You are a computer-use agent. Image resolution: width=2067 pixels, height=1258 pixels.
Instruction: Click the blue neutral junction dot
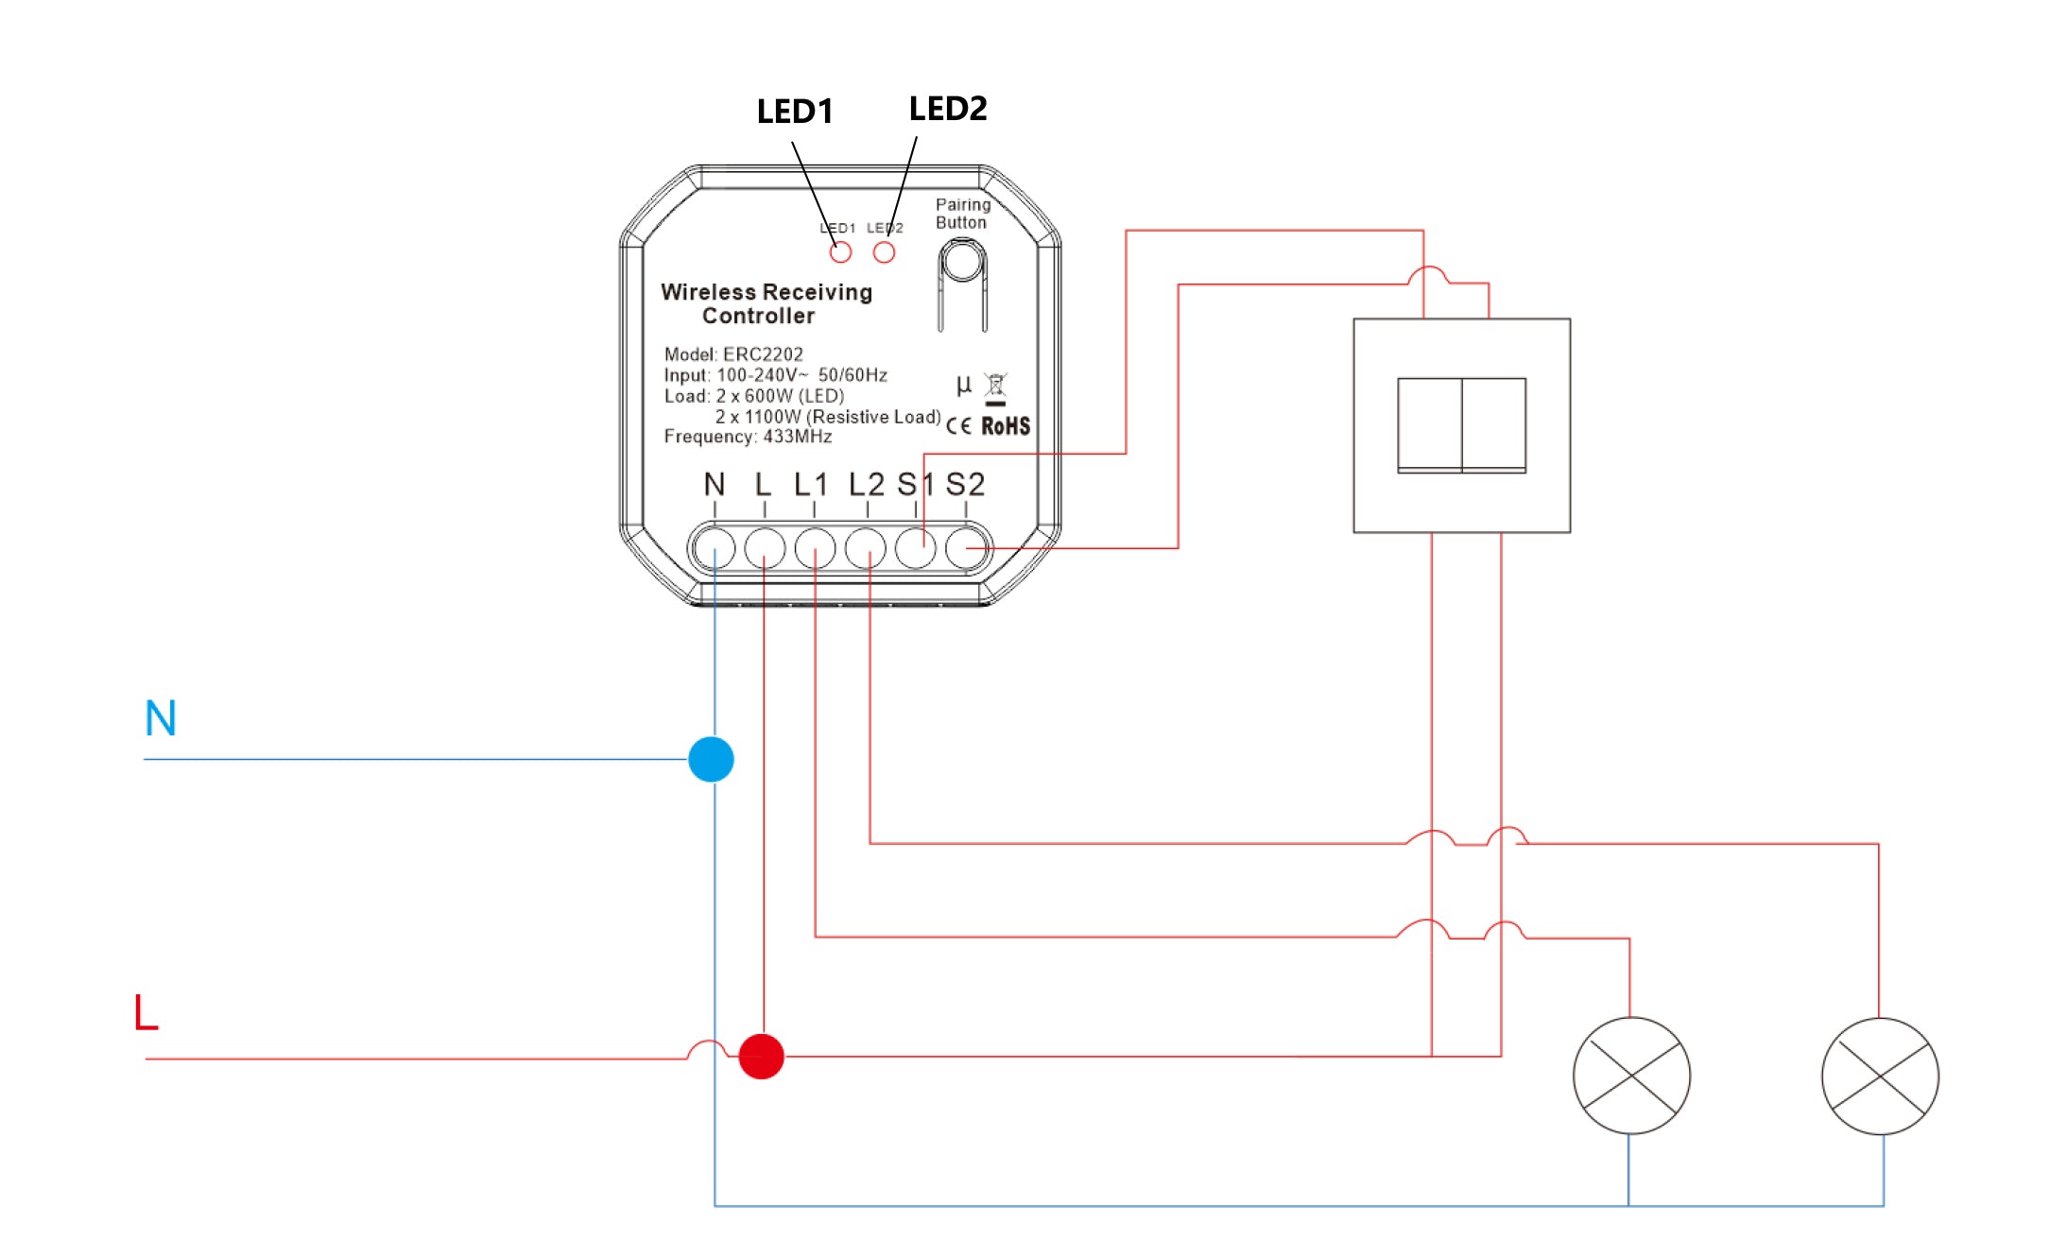[x=711, y=759]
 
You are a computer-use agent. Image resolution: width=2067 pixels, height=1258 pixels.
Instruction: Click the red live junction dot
[x=761, y=1056]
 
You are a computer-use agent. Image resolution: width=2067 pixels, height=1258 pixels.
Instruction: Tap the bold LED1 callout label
[x=795, y=112]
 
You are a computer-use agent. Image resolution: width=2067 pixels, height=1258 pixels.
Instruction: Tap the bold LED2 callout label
[x=947, y=109]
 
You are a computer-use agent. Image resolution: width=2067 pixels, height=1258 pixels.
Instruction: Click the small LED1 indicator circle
[x=840, y=252]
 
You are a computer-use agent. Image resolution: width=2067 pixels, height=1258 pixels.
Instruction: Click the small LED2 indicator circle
[x=884, y=252]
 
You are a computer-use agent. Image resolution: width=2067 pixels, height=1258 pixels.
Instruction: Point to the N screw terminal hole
[x=714, y=548]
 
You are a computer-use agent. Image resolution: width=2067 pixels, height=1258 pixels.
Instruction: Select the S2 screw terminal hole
[x=966, y=548]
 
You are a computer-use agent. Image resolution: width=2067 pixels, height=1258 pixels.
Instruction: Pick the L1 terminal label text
[x=811, y=485]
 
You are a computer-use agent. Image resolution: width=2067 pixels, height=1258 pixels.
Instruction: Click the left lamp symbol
[x=1631, y=1076]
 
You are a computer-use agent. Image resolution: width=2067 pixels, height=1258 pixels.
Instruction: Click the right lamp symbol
[x=1880, y=1076]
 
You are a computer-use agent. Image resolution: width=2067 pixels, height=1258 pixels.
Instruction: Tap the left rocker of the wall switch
[x=1429, y=424]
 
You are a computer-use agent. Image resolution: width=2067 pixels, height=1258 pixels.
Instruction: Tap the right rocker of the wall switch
[x=1494, y=424]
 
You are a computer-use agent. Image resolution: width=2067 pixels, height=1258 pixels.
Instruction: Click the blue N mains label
[x=161, y=718]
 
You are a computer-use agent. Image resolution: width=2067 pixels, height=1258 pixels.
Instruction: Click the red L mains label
[x=146, y=1012]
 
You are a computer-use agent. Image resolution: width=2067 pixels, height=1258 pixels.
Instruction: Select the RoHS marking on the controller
[x=1006, y=426]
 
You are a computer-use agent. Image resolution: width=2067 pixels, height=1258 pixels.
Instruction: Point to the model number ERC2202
[x=763, y=354]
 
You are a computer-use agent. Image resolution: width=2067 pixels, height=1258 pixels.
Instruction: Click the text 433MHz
[x=798, y=437]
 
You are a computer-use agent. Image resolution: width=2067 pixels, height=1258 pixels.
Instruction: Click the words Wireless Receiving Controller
[x=766, y=303]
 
